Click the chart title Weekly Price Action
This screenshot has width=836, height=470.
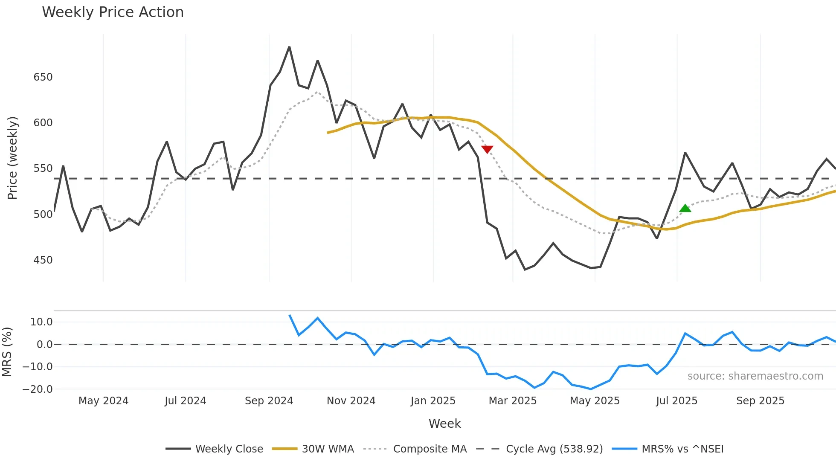point(113,12)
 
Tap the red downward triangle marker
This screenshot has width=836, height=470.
point(487,149)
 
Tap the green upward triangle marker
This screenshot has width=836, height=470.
point(685,208)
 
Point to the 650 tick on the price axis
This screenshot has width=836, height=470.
point(43,77)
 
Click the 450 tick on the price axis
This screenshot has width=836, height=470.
point(43,260)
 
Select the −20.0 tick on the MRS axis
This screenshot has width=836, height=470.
point(38,389)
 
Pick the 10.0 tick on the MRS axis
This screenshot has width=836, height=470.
point(41,322)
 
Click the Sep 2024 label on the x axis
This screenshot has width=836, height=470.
point(269,401)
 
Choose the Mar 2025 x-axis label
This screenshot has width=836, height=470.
point(512,401)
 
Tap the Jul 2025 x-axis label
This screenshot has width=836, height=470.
point(676,401)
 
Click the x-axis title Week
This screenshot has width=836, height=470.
point(444,424)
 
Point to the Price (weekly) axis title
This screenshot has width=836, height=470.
point(12,158)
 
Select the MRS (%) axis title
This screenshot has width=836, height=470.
point(7,352)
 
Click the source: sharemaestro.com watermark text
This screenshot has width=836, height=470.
point(755,376)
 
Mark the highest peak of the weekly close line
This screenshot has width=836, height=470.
point(289,47)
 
